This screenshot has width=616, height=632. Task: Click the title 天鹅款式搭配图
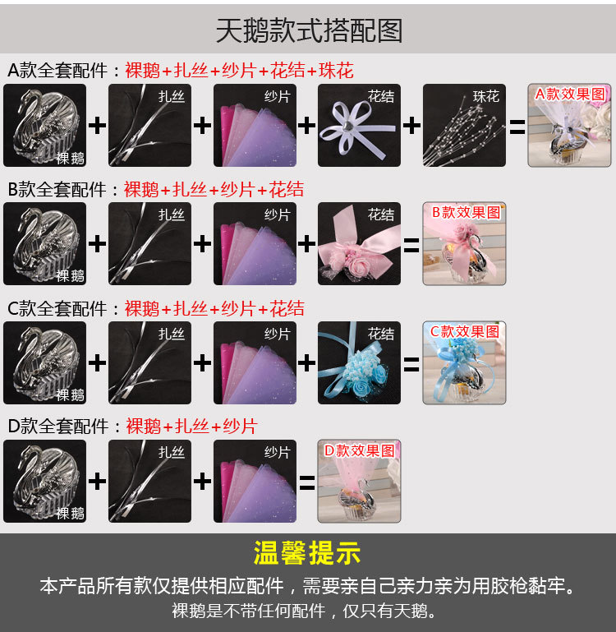click(x=308, y=30)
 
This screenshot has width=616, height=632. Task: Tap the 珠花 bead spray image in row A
click(x=465, y=125)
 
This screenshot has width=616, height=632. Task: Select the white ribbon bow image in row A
click(x=360, y=125)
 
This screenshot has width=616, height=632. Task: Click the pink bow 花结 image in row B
click(x=360, y=243)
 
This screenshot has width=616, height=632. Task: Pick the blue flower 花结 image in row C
click(x=360, y=362)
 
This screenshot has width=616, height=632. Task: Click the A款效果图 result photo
click(x=569, y=125)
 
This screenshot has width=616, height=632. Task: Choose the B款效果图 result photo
click(x=464, y=243)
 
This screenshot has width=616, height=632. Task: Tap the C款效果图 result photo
click(x=464, y=362)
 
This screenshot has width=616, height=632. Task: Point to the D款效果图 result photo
click(x=359, y=481)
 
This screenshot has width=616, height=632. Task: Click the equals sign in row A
click(x=517, y=127)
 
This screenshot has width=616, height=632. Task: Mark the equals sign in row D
click(x=307, y=482)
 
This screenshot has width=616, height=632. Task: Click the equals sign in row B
click(x=411, y=245)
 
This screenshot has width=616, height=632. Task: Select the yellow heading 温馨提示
click(x=307, y=553)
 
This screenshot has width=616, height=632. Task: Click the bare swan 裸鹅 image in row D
click(x=45, y=481)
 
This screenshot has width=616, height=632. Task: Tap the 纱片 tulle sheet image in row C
click(x=255, y=362)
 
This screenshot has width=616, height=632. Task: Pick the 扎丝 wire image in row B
click(x=149, y=243)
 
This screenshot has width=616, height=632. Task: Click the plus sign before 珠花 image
click(x=411, y=126)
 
